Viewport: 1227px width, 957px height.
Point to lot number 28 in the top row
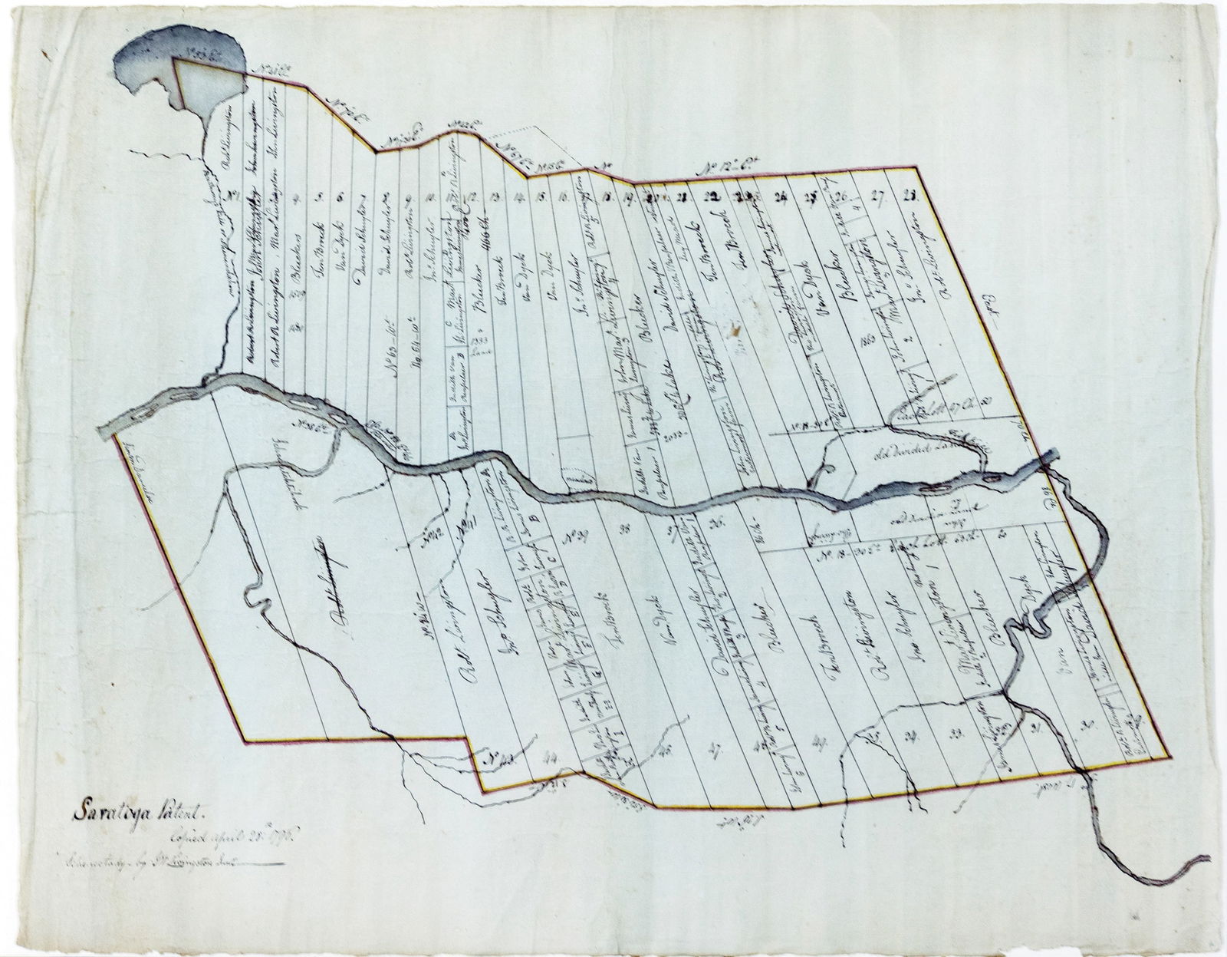[911, 197]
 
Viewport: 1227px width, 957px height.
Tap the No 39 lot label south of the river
[565, 535]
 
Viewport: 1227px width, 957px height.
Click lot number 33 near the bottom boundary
[957, 735]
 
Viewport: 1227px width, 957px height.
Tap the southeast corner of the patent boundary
[1171, 756]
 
